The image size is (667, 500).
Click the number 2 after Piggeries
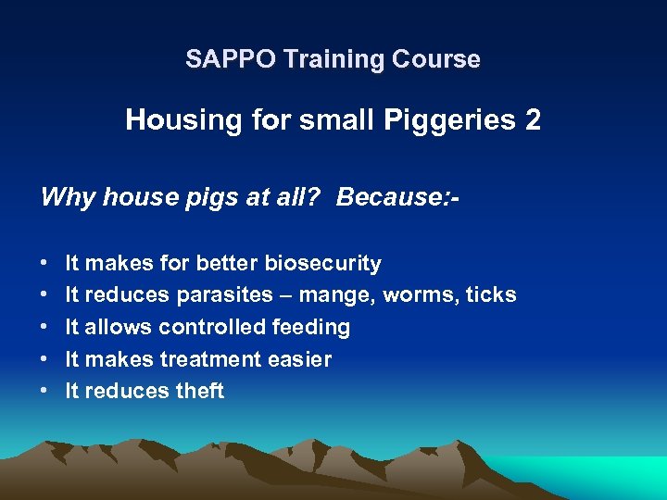(x=533, y=119)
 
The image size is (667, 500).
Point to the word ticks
(x=491, y=295)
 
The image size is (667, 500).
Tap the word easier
(x=301, y=359)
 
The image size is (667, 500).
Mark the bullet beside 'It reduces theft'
(x=46, y=392)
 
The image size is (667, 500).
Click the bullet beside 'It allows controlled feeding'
(x=46, y=328)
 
